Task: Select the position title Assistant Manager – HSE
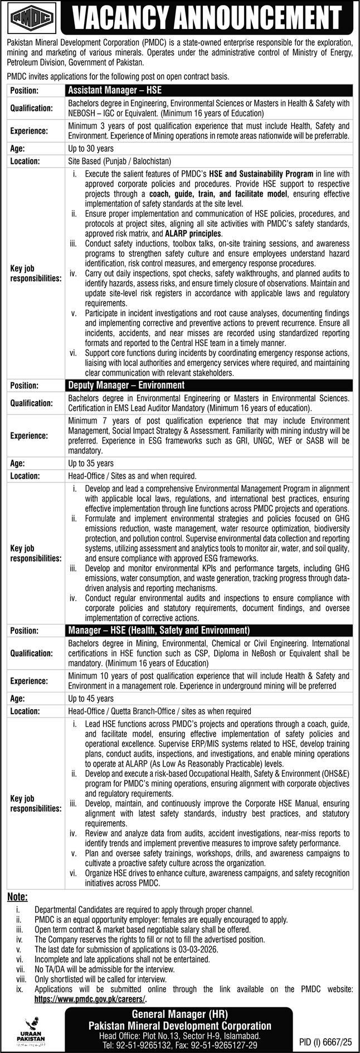pyautogui.click(x=115, y=89)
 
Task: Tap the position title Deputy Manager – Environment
pyautogui.click(x=126, y=384)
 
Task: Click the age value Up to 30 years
pyautogui.click(x=90, y=148)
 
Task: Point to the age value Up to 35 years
pyautogui.click(x=90, y=463)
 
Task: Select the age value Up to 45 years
pyautogui.click(x=90, y=698)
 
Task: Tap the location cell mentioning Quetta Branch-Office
pyautogui.click(x=159, y=711)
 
